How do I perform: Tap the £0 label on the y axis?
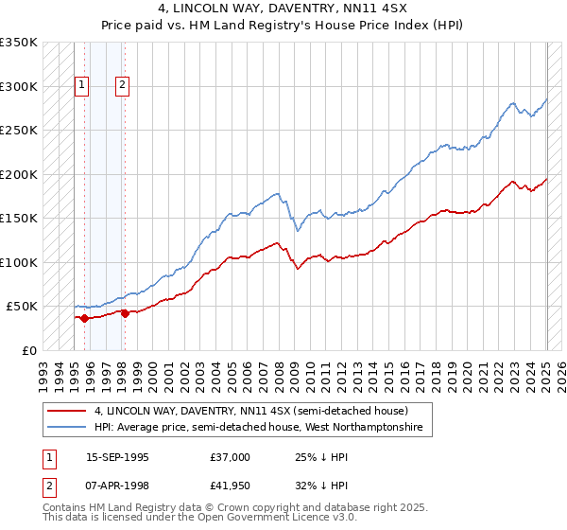coord(29,350)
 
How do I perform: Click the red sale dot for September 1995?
coord(85,318)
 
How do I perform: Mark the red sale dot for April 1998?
coord(125,313)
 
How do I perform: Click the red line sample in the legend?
coord(66,411)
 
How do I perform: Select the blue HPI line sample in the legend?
coord(66,428)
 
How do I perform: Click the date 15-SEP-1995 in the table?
coord(117,457)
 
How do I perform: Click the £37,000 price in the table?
coord(231,457)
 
